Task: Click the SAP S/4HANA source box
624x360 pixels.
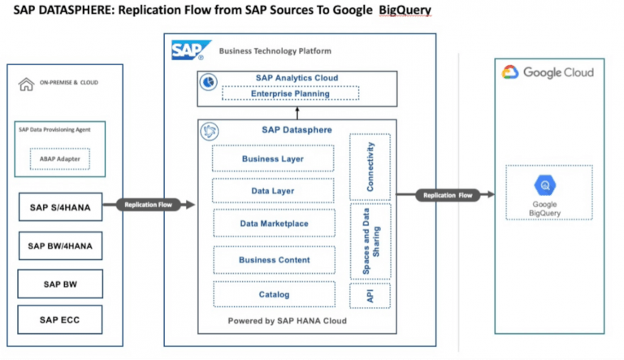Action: click(60, 208)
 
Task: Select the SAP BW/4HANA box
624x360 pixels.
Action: click(60, 245)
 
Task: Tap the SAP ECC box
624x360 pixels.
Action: click(60, 319)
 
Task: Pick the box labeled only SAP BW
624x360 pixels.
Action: click(60, 283)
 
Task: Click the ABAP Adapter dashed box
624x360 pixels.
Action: click(59, 159)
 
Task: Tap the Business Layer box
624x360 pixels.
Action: click(272, 158)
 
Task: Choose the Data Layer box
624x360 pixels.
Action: click(272, 191)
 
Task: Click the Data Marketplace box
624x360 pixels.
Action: click(272, 223)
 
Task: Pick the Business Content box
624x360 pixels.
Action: click(272, 260)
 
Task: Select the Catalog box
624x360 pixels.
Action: click(272, 293)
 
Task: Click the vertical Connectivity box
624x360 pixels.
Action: click(370, 167)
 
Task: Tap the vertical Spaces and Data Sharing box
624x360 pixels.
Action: click(370, 241)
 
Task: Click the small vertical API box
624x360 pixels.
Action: click(370, 297)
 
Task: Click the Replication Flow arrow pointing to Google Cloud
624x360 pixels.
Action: click(448, 195)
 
